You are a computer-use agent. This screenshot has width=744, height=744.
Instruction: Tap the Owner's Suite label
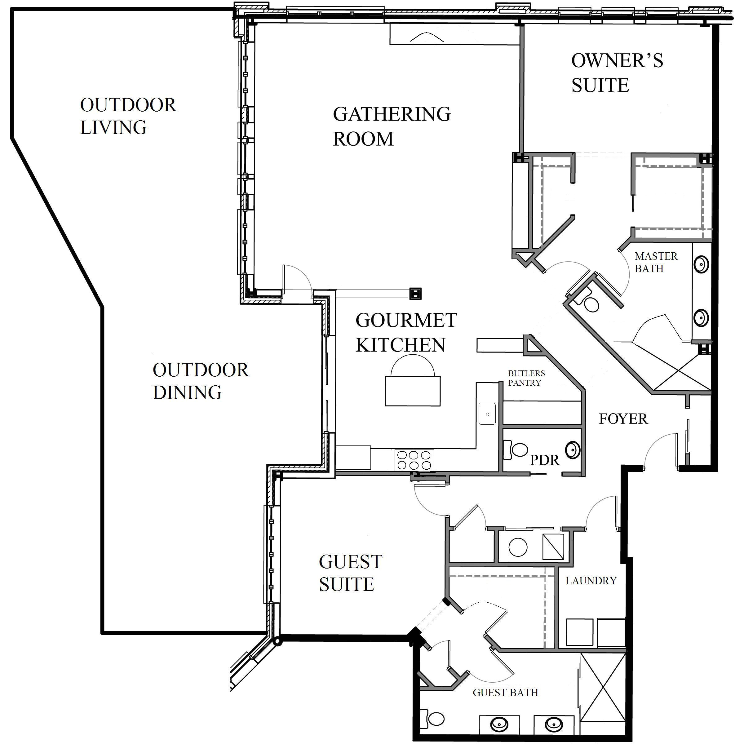tap(616, 73)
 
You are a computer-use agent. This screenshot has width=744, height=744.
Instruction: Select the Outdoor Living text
tap(128, 116)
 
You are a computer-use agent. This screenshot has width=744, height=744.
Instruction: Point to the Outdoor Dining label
tap(200, 381)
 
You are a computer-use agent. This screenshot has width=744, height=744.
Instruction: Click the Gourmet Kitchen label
tap(405, 332)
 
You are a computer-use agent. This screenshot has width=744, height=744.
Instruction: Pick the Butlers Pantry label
tap(526, 378)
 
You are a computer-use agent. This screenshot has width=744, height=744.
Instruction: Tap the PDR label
tap(544, 460)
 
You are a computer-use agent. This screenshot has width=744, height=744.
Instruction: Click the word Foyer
tap(623, 418)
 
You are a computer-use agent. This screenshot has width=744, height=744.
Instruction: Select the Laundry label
tap(590, 581)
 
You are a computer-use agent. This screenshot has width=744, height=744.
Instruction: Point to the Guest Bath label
tap(505, 693)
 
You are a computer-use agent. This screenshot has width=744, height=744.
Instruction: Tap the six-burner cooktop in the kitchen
tap(414, 460)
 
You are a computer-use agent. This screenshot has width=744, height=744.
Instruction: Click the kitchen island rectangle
tap(412, 391)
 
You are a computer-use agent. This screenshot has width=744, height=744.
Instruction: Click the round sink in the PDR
tap(573, 449)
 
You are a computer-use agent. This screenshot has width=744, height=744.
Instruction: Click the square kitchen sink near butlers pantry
tap(487, 414)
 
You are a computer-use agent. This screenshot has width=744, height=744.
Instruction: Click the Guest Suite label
tap(350, 573)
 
